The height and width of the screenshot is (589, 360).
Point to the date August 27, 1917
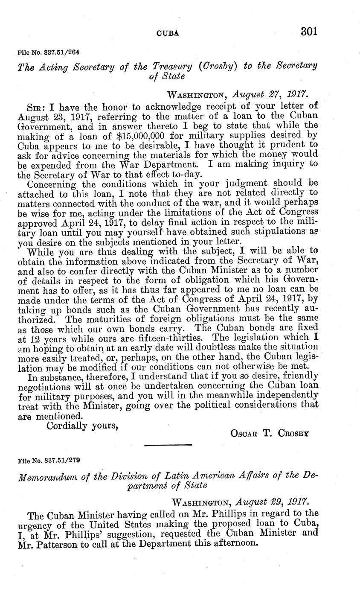tap(265, 94)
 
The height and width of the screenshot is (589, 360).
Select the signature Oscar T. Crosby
tap(270, 433)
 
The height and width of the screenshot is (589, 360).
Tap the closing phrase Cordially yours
tap(82, 426)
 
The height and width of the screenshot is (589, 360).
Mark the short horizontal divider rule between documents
tap(163, 446)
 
